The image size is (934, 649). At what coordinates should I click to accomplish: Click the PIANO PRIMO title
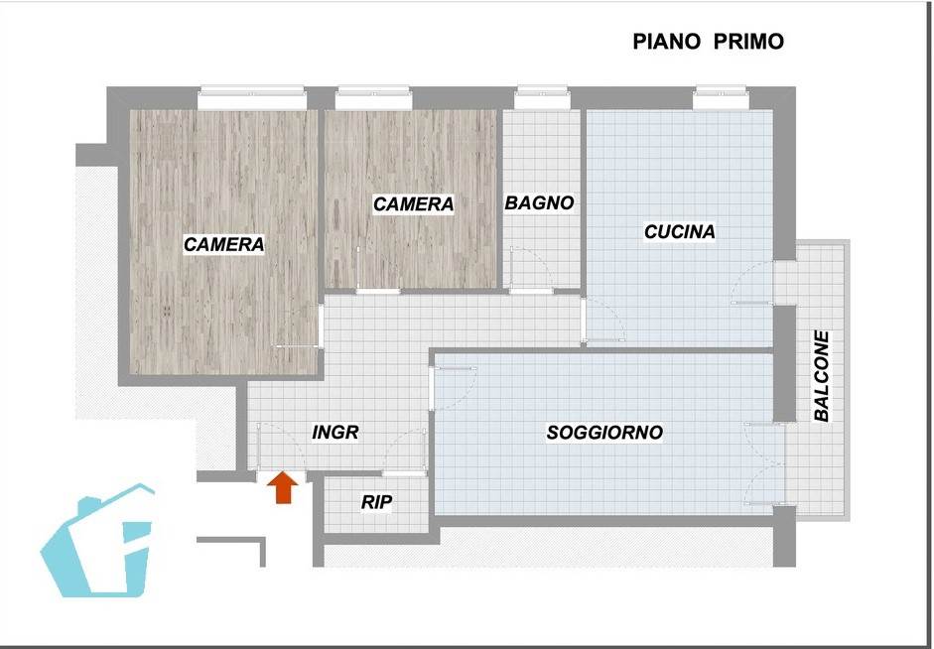(x=708, y=42)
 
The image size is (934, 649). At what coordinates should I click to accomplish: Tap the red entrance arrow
(x=282, y=487)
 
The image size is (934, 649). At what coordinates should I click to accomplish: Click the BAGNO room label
(x=539, y=203)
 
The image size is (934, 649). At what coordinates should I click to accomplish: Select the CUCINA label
(x=679, y=231)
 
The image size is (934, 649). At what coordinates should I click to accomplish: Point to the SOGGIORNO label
(x=604, y=433)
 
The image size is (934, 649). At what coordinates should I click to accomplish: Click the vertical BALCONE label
(x=822, y=376)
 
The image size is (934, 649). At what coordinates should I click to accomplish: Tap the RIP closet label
(x=376, y=502)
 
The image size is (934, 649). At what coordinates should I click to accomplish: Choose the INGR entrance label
(x=335, y=433)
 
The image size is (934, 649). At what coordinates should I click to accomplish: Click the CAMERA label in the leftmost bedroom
(x=223, y=244)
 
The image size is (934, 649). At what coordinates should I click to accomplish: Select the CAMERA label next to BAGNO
(x=413, y=204)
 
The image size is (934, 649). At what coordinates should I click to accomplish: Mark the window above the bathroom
(x=542, y=98)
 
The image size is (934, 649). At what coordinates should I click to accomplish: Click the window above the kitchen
(x=721, y=98)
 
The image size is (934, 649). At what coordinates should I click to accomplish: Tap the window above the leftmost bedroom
(x=251, y=98)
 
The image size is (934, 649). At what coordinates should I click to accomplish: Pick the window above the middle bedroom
(x=373, y=98)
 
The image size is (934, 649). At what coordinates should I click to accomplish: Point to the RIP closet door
(x=404, y=451)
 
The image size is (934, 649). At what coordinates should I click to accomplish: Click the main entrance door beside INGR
(x=281, y=447)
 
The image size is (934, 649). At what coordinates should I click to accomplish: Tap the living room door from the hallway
(x=453, y=388)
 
